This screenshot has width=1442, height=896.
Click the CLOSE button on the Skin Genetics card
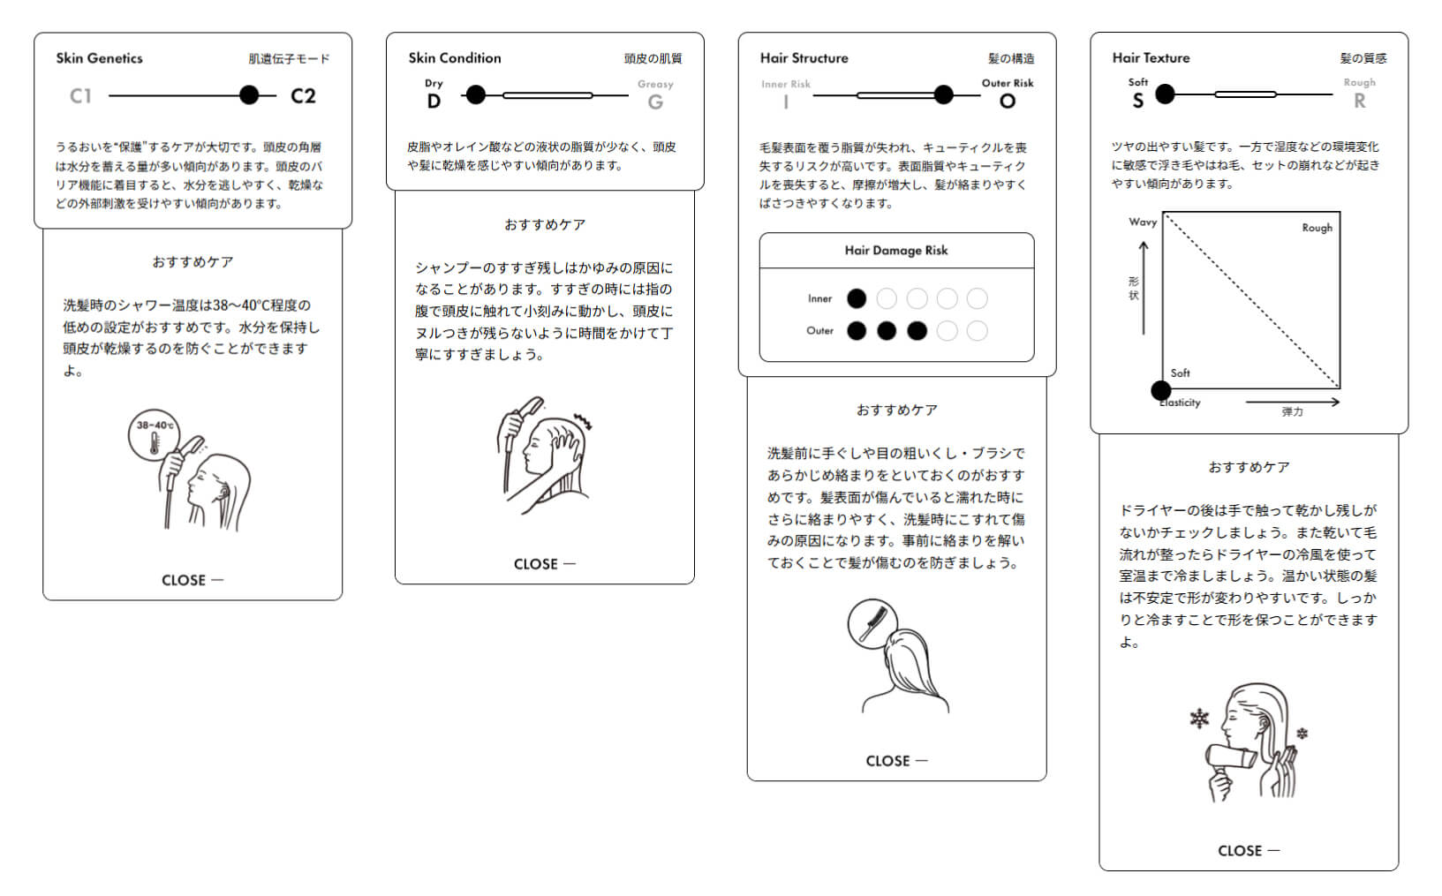[x=192, y=580]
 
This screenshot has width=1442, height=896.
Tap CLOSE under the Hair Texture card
[x=1248, y=851]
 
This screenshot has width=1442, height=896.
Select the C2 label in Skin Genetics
[x=303, y=96]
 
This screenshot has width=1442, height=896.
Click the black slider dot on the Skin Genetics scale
[x=250, y=95]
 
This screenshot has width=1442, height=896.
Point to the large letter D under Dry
[x=434, y=102]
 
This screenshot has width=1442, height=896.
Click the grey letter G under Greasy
[x=655, y=102]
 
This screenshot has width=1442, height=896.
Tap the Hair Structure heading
[x=804, y=58]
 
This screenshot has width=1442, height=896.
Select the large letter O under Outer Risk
[x=1008, y=102]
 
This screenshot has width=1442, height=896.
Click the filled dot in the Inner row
[x=857, y=298]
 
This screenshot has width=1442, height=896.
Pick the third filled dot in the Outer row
[x=917, y=331]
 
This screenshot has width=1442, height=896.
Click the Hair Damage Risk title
[x=895, y=251]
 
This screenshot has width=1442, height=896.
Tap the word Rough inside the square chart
[x=1317, y=228]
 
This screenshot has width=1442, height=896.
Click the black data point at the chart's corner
[x=1161, y=390]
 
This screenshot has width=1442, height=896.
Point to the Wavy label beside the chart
[x=1142, y=222]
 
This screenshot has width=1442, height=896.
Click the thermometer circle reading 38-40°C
[x=155, y=435]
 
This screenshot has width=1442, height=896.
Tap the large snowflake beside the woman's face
[x=1199, y=719]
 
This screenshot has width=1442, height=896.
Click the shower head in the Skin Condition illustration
[x=531, y=407]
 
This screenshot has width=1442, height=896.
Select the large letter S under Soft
[x=1137, y=102]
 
